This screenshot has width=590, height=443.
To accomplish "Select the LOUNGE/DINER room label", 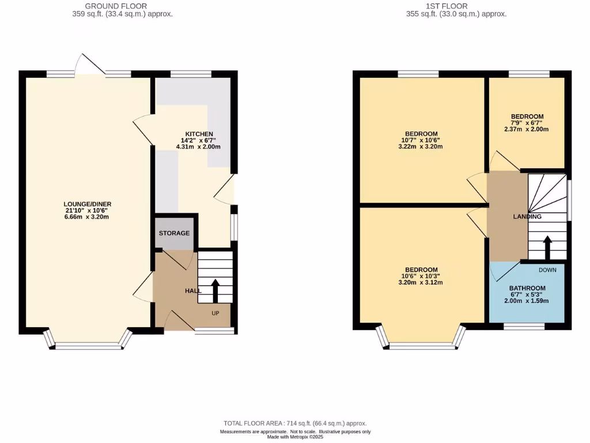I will (x=88, y=204).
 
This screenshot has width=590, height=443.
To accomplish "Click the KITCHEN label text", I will (x=194, y=134).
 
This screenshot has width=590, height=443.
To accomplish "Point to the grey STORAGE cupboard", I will (x=174, y=232).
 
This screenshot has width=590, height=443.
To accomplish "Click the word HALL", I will (x=193, y=291).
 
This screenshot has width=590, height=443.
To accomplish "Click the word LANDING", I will (x=527, y=217).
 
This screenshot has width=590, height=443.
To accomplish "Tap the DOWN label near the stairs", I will (x=547, y=269).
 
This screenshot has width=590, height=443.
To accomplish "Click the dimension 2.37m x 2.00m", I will (x=527, y=130).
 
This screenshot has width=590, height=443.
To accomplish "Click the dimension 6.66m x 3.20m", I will (x=88, y=217).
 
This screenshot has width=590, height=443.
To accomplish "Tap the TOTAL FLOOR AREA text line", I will (x=295, y=423).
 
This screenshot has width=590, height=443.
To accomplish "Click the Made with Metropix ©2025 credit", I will (x=295, y=437).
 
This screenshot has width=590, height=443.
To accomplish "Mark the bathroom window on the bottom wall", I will (x=524, y=327).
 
